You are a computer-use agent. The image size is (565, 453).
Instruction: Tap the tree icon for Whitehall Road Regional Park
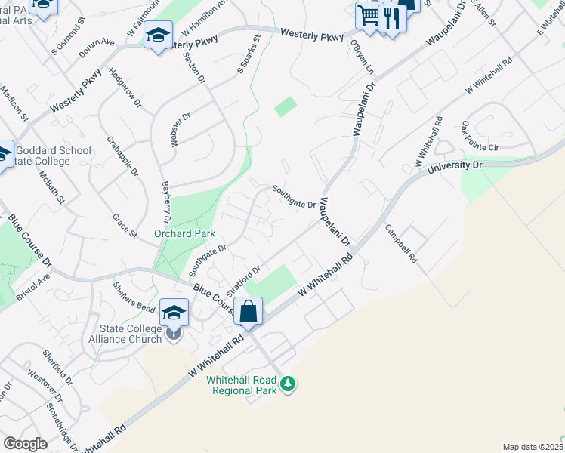pos(287,384)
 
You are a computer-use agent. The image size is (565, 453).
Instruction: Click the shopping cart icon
pos(369,15)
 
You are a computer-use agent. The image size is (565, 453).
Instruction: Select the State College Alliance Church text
pos(131,334)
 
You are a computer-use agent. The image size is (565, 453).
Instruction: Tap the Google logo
pos(25,444)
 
